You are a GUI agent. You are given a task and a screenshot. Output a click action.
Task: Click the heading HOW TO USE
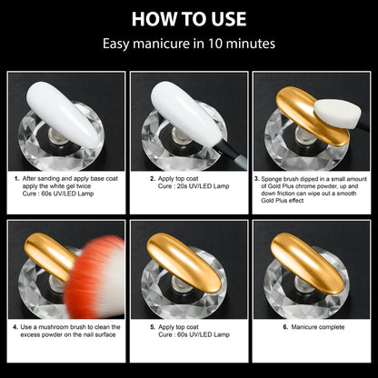point(189,18)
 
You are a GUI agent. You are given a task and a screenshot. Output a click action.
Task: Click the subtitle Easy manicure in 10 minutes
point(189,43)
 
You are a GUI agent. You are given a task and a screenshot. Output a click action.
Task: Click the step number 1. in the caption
point(17,180)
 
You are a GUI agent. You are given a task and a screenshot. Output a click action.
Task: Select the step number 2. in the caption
point(154,180)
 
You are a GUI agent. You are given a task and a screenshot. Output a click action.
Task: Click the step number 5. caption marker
point(154,324)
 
